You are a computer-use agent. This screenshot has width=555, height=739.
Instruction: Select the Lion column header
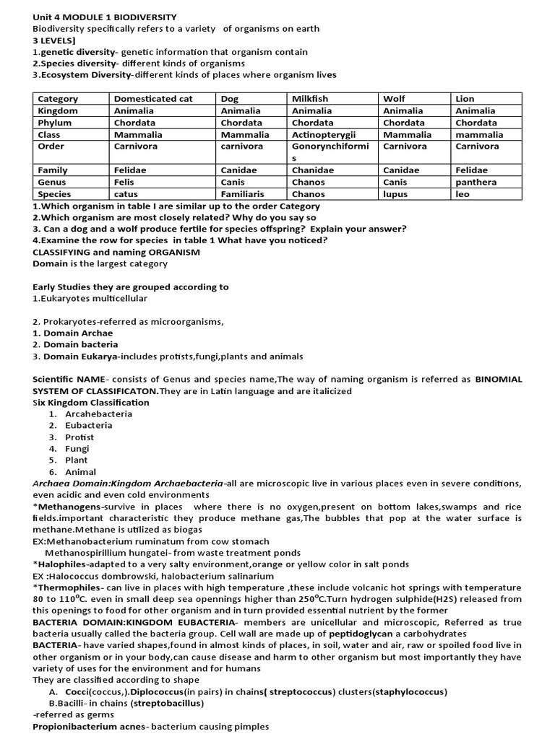[x=465, y=99]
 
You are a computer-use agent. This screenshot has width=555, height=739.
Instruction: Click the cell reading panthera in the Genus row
[x=476, y=183]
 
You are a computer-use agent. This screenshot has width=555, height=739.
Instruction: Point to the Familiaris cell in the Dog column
[x=242, y=194]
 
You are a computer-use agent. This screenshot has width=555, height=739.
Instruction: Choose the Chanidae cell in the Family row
[x=311, y=170]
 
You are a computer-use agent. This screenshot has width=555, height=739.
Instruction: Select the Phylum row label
[x=54, y=123]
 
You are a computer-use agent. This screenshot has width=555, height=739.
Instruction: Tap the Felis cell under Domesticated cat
[x=124, y=183]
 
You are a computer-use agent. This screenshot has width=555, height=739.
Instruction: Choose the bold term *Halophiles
[x=61, y=564]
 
